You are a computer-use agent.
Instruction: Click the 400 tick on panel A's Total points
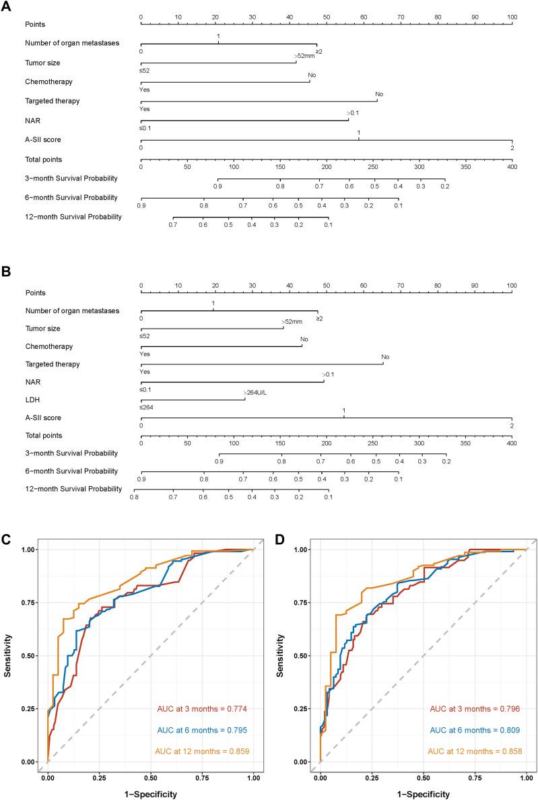pos(512,165)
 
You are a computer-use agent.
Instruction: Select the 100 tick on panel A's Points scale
pos(512,15)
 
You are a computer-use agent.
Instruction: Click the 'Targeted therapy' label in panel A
pos(53,100)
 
